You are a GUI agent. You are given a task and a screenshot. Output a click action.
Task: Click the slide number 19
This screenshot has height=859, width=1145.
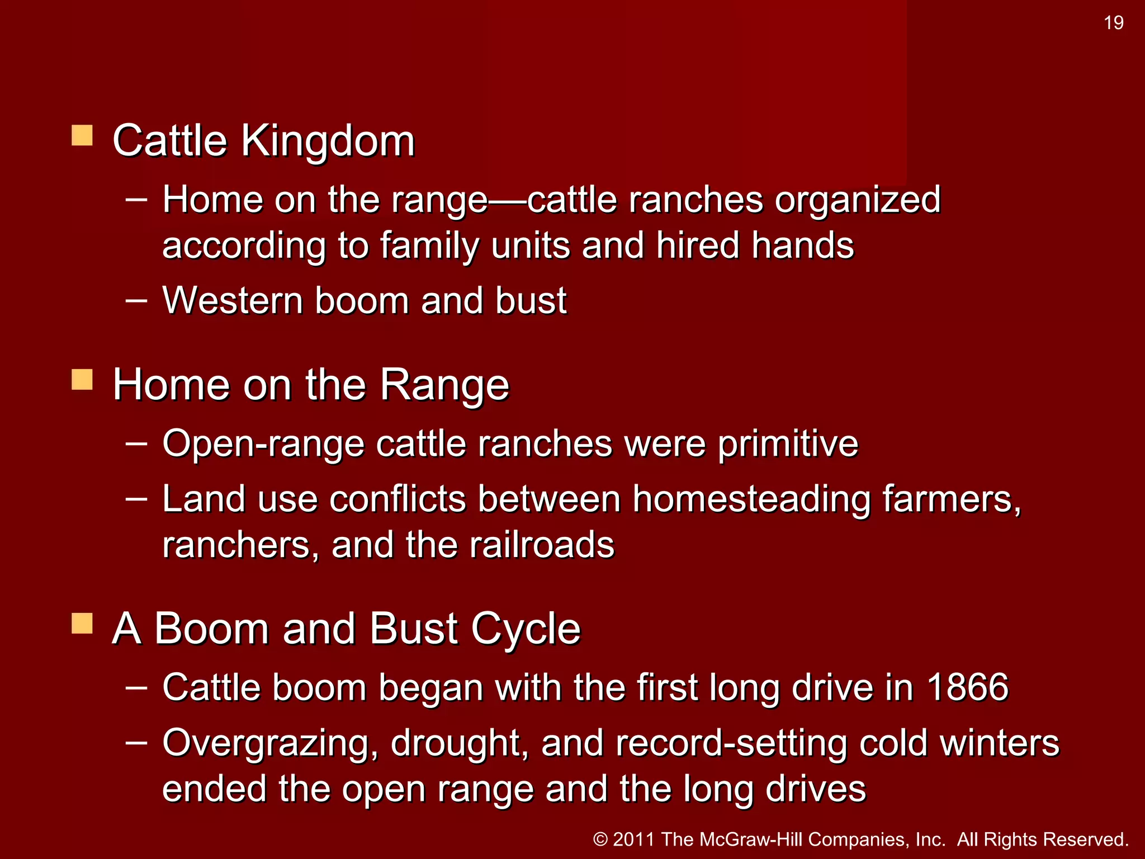1113,23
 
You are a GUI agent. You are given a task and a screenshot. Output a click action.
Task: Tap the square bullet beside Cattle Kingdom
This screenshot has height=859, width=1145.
82,135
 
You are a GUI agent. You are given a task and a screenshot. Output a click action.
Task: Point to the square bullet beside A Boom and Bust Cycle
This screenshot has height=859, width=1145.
82,623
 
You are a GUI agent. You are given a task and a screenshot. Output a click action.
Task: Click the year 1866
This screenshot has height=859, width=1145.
967,687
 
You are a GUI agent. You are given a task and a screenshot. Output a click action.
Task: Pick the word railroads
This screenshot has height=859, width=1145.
542,545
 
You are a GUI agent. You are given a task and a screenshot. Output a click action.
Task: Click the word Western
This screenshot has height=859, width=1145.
232,301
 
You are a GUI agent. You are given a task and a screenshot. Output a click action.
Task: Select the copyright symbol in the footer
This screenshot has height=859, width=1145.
600,839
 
